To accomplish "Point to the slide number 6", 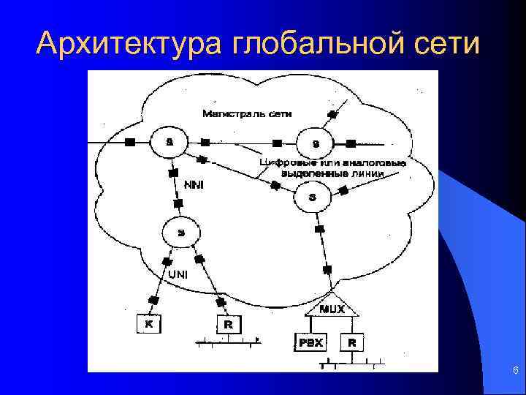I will click(515, 372).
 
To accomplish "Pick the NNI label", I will click(194, 185).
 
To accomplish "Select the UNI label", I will click(179, 274).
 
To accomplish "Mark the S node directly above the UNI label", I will click(181, 233).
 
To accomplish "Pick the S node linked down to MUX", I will click(313, 195).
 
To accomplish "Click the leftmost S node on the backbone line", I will click(169, 140).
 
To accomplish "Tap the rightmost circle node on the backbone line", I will click(315, 142).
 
